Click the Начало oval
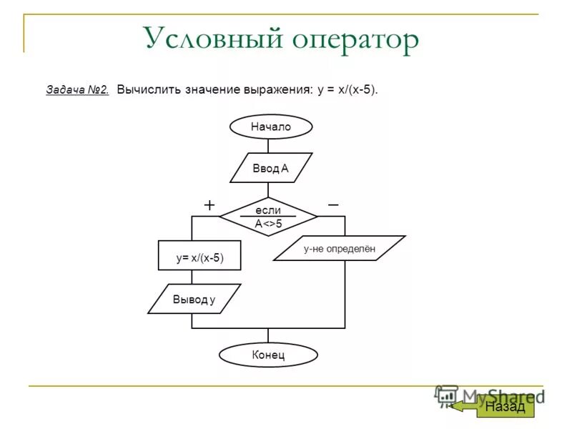271,127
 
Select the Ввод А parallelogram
271,168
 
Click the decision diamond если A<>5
268,217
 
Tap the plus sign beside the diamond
209,205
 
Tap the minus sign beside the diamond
333,204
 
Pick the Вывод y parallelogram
194,299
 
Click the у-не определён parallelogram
340,248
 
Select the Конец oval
268,355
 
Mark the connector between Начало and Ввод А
268,145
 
